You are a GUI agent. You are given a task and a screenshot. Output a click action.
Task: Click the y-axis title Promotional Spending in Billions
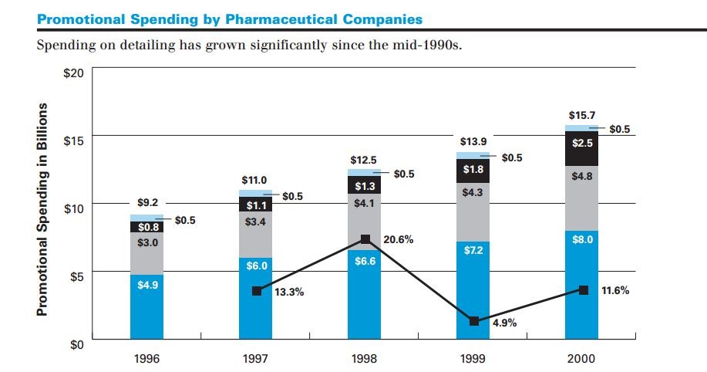click(x=44, y=209)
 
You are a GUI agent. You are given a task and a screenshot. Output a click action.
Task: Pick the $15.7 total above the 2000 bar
click(x=581, y=115)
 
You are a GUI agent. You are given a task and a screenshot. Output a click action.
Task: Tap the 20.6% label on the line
click(x=398, y=240)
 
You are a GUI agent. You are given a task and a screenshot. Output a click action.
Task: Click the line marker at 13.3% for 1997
click(x=257, y=291)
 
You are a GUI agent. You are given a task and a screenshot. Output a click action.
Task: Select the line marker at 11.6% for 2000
click(x=584, y=290)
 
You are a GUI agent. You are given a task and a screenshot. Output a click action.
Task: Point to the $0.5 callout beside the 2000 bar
click(x=620, y=129)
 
